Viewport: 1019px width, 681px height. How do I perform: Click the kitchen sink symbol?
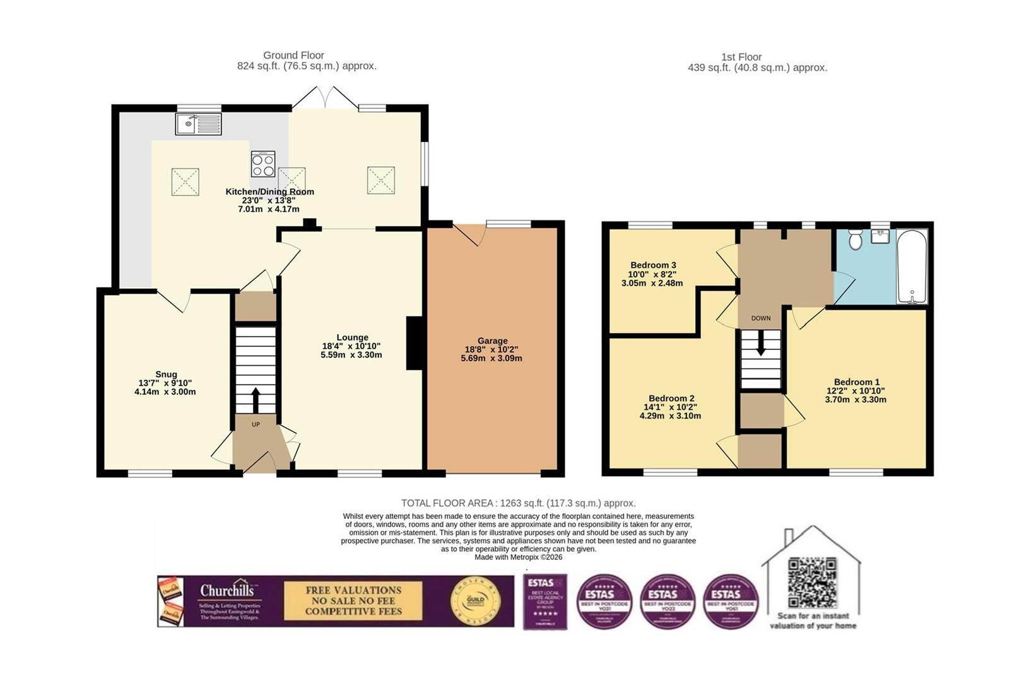click(198, 124)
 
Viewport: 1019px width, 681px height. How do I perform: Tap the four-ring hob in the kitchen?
click(263, 165)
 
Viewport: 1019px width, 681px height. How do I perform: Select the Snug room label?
click(166, 375)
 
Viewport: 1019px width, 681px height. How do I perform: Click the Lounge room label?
click(352, 337)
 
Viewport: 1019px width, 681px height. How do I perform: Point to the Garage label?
click(492, 340)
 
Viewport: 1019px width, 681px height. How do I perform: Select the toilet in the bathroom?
click(856, 240)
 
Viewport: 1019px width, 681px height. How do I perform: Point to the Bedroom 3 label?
click(653, 265)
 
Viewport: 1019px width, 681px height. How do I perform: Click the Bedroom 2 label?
click(671, 399)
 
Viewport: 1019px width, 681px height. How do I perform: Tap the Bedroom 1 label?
click(856, 382)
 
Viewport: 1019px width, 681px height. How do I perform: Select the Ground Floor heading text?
click(293, 55)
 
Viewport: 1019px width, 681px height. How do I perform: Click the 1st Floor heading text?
click(741, 57)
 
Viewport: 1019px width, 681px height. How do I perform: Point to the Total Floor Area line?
click(518, 503)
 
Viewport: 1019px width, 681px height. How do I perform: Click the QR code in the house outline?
click(813, 583)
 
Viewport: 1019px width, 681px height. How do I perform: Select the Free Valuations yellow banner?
click(353, 601)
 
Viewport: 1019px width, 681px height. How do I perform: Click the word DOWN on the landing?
click(761, 318)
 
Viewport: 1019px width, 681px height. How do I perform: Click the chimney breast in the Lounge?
click(415, 343)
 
